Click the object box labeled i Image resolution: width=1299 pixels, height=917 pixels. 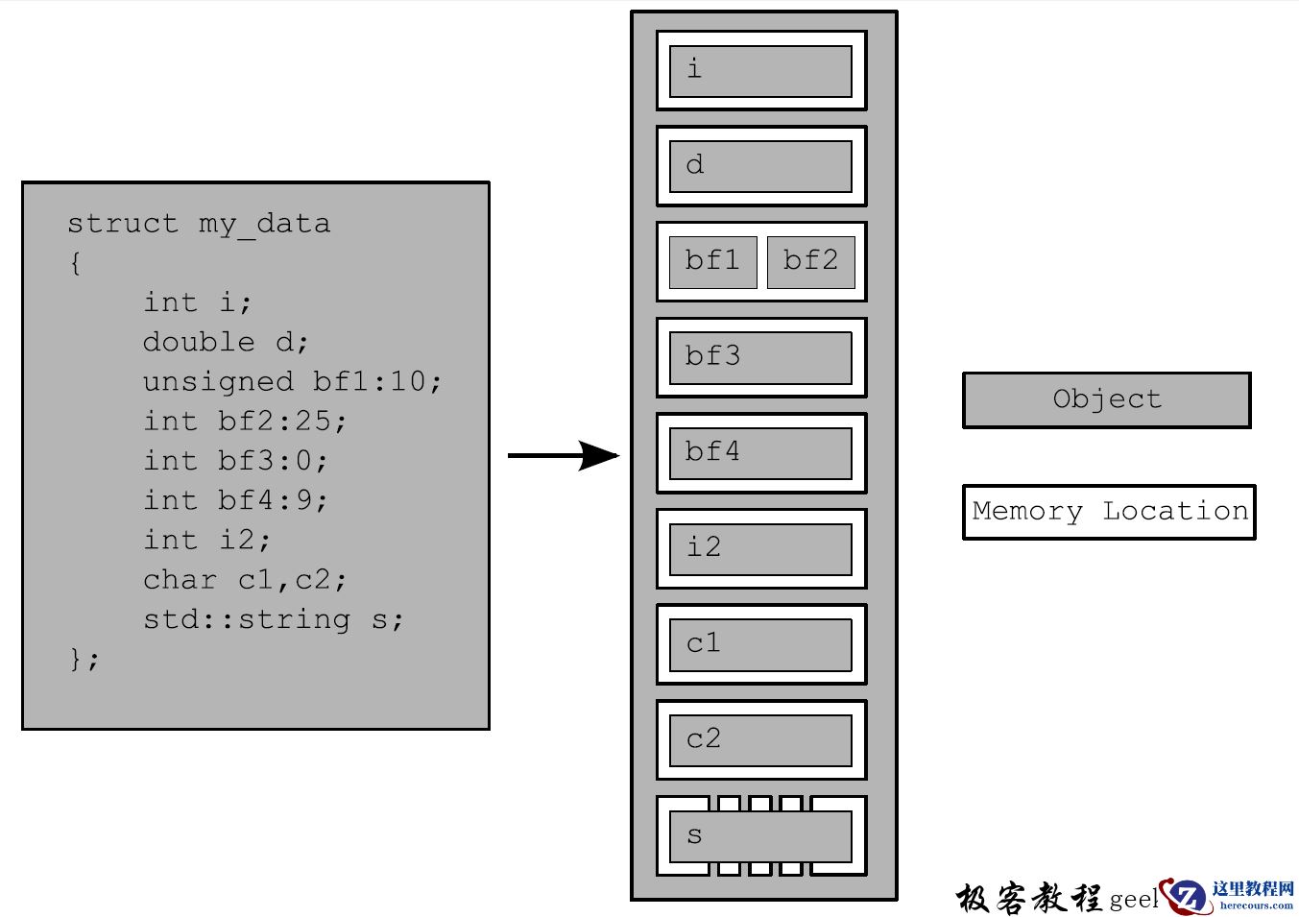[760, 71]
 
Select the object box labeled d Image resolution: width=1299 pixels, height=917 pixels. [760, 166]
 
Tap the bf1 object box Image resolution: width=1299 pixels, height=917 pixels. [712, 262]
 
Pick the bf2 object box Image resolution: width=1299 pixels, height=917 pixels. [810, 262]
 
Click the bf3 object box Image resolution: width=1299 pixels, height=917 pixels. [760, 357]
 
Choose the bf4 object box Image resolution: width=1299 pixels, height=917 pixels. [760, 453]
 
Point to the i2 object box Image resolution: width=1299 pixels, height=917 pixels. [760, 548]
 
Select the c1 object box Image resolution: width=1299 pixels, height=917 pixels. [760, 644]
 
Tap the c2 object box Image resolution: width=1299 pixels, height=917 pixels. [760, 739]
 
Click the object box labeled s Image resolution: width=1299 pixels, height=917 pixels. [760, 835]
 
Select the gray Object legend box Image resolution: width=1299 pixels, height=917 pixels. [1106, 399]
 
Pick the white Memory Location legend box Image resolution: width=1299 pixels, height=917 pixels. [1109, 512]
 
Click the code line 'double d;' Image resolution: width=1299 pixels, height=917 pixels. [226, 342]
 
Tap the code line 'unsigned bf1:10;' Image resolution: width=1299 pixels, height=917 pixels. [292, 381]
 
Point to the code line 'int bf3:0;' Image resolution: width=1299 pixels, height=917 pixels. [235, 460]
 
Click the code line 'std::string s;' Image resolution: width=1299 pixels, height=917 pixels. [273, 619]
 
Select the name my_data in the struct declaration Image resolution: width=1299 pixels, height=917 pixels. [264, 225]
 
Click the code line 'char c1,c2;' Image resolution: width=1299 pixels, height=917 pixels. [245, 580]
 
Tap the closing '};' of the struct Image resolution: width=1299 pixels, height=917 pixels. [84, 659]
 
